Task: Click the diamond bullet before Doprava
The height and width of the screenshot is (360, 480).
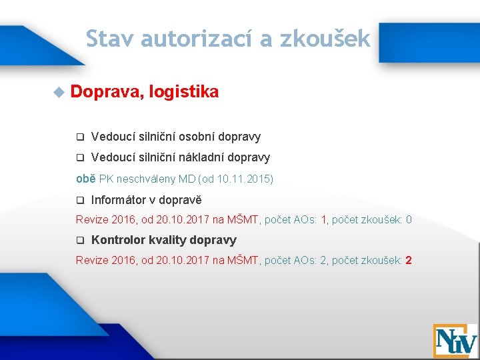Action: (59, 92)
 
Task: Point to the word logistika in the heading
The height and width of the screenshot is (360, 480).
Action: (185, 92)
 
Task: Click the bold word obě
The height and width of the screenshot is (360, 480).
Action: (85, 179)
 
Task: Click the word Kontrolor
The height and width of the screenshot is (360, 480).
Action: (119, 240)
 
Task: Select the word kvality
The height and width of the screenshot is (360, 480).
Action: (168, 240)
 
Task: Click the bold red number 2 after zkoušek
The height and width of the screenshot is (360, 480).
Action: (409, 260)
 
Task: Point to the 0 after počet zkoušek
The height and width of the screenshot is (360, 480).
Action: (409, 219)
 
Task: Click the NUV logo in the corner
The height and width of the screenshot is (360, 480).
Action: (455, 340)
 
